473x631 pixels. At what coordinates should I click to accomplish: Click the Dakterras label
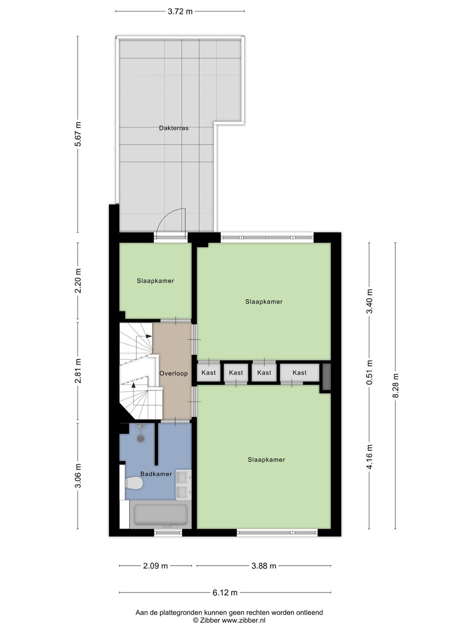coord(174,128)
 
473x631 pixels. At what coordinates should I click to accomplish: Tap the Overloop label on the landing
coord(173,373)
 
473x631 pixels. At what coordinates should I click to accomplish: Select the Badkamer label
coord(156,474)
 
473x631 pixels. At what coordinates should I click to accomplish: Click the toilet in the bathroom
coord(134,483)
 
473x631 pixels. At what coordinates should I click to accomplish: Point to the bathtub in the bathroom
coord(161,515)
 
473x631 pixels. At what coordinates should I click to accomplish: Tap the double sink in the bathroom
coord(184,485)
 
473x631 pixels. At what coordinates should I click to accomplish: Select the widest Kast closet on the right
coord(300,372)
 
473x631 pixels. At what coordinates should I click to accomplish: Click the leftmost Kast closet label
coord(209,372)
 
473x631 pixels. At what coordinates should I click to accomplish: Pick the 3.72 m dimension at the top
coord(180,12)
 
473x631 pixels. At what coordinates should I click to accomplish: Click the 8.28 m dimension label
coord(395,386)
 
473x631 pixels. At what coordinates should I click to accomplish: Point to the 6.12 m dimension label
coord(225,593)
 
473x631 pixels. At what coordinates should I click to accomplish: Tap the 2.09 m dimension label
coord(155,566)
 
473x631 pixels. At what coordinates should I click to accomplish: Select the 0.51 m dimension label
coord(369,372)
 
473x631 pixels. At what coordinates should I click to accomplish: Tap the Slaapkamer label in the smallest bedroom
coord(155,281)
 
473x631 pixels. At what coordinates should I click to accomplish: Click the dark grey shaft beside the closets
coord(326,376)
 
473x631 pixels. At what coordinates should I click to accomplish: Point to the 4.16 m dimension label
coord(369,457)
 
